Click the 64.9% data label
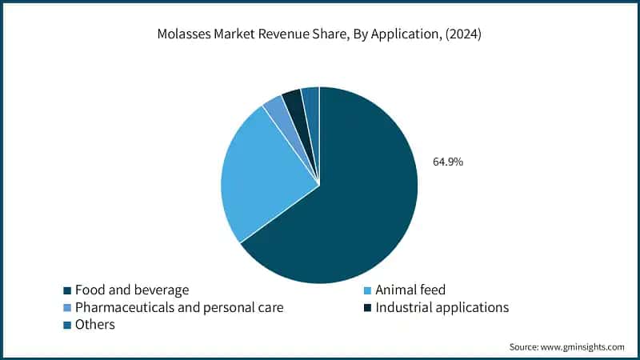[448, 162]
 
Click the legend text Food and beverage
[132, 290]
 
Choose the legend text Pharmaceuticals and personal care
[179, 307]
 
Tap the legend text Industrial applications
[442, 307]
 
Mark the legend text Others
[95, 325]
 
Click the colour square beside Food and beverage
[67, 290]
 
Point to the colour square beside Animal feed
[367, 290]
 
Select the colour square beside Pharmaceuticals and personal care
[67, 307]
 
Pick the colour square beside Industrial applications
[367, 307]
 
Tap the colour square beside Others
[67, 325]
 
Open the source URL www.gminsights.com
[582, 346]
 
